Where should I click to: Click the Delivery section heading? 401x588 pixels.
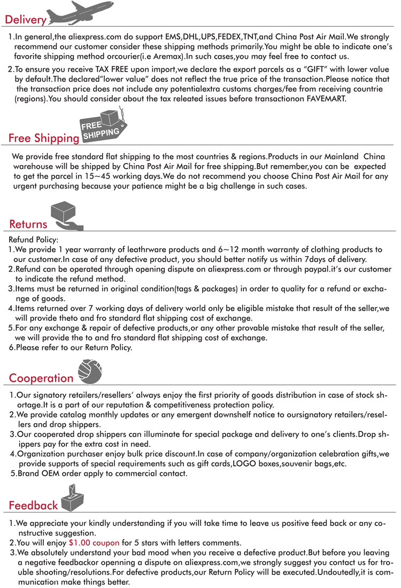click(x=25, y=20)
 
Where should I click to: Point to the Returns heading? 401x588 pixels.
click(x=28, y=225)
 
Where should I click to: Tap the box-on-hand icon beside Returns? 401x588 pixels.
click(x=65, y=215)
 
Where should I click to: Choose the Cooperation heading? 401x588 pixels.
click(x=41, y=378)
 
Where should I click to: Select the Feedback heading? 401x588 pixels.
click(x=33, y=505)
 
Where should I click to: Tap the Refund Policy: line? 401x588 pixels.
click(x=34, y=240)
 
